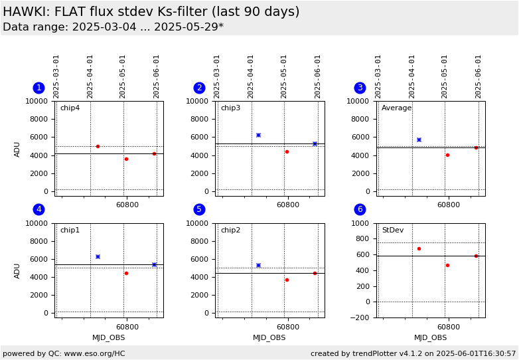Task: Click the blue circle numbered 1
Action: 39,88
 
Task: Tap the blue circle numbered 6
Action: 360,210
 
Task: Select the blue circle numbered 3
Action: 360,88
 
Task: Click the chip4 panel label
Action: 70,108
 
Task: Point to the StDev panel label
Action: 392,230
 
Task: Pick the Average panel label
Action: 396,108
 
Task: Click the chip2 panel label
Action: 230,230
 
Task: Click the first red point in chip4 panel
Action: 98,146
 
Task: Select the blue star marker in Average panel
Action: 419,139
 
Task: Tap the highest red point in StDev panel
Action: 419,248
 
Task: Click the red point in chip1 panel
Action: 126,273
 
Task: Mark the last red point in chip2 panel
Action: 315,273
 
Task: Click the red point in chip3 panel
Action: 287,151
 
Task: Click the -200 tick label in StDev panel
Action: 362,317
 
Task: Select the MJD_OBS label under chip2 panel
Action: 269,338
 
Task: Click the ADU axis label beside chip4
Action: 18,149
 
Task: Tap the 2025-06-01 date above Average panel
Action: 479,76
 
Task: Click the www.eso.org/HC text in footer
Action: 93,354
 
